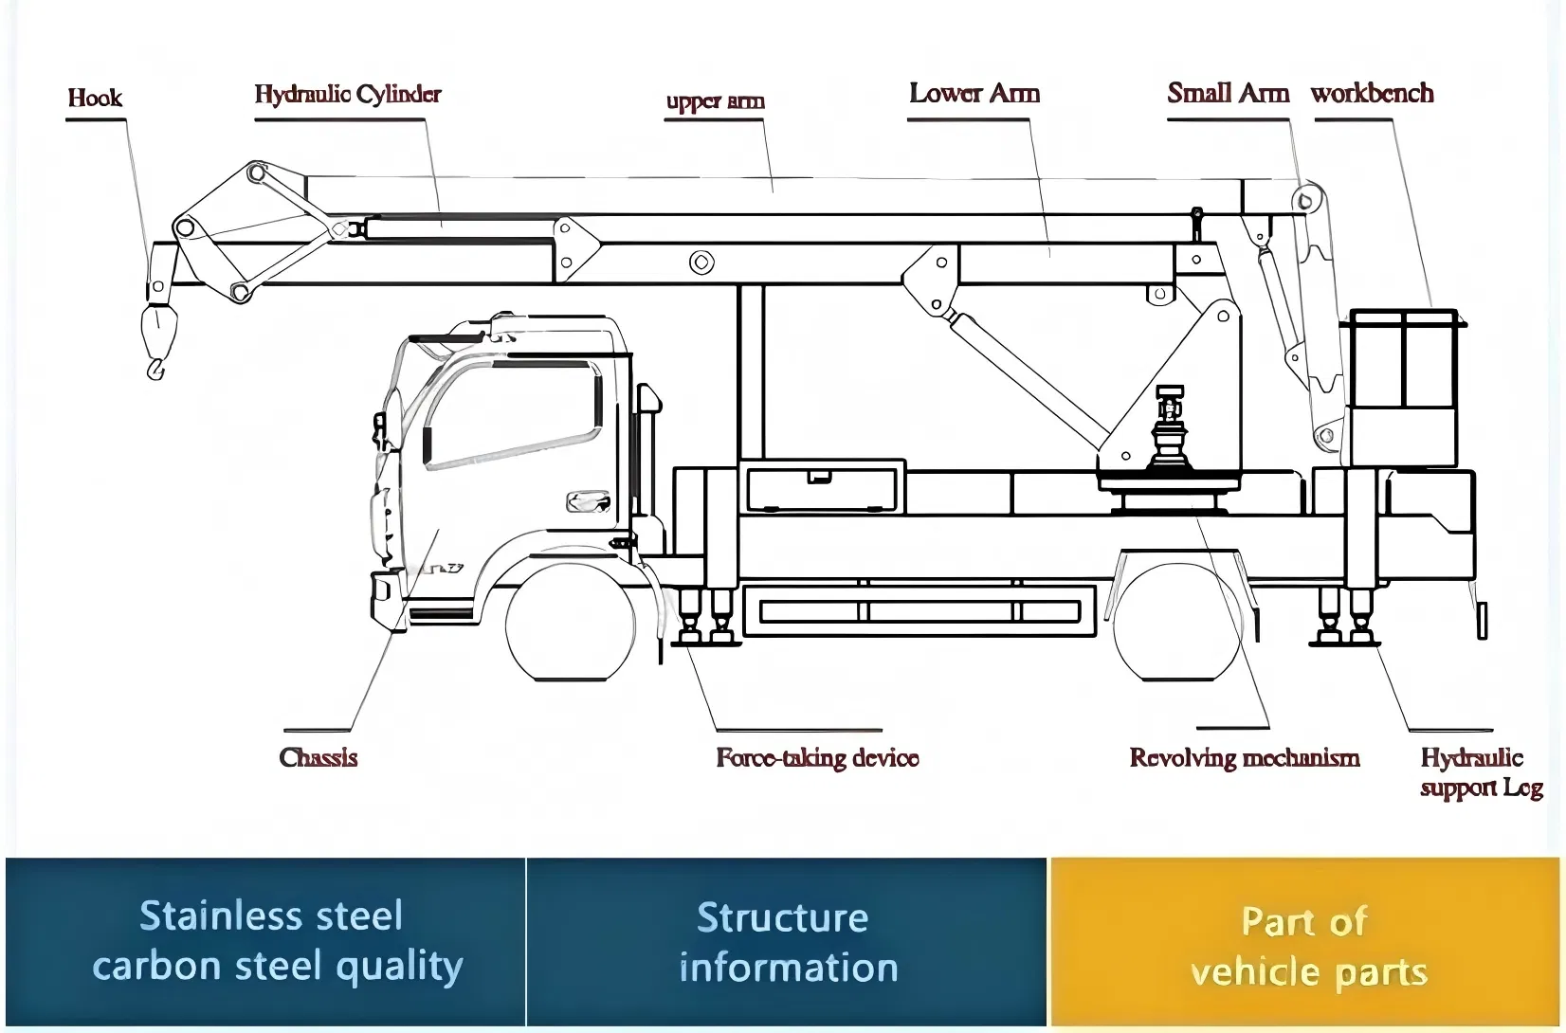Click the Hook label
point(95,98)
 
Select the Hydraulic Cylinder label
point(348,94)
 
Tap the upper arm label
point(715,100)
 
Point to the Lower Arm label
point(974,93)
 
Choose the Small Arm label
point(1228,93)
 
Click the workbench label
point(1372,93)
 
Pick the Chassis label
point(319,757)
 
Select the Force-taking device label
point(817,758)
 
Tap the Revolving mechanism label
point(1245,758)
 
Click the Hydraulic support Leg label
point(1480,772)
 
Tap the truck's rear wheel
point(1176,624)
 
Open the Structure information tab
point(787,942)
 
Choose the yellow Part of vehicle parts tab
point(1306,944)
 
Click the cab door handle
point(588,500)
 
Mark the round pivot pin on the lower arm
point(701,262)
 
